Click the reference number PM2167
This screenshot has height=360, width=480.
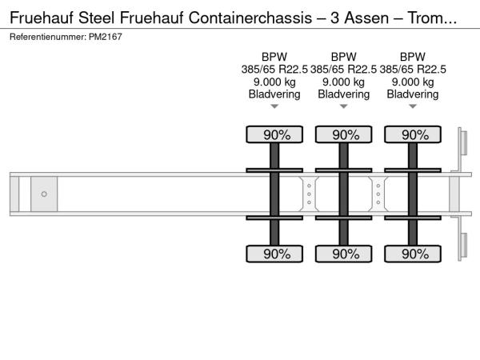click(x=106, y=37)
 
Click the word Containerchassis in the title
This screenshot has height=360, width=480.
click(x=250, y=18)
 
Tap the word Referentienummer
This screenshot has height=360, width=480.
click(x=48, y=37)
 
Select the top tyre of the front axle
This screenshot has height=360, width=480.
click(x=274, y=134)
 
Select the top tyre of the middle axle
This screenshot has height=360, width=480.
click(x=344, y=134)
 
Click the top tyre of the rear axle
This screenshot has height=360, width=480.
click(x=413, y=134)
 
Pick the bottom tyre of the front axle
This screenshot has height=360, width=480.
click(x=274, y=254)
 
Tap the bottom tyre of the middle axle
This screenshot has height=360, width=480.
click(x=344, y=254)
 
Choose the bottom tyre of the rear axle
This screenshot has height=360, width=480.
click(x=413, y=254)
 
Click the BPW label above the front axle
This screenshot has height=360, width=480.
click(x=274, y=57)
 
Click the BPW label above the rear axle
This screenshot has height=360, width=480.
click(x=413, y=57)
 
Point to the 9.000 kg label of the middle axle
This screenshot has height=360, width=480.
click(x=344, y=82)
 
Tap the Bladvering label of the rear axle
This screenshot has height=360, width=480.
click(x=413, y=94)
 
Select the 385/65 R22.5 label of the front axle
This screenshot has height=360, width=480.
click(x=274, y=70)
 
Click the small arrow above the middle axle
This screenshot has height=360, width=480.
click(x=344, y=106)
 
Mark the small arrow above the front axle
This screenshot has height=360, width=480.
click(x=274, y=106)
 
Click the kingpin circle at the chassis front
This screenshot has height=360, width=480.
click(x=44, y=194)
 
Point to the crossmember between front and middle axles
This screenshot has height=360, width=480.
click(x=309, y=194)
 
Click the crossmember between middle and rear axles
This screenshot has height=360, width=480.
click(x=378, y=194)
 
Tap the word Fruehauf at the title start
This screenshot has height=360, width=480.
click(x=42, y=18)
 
